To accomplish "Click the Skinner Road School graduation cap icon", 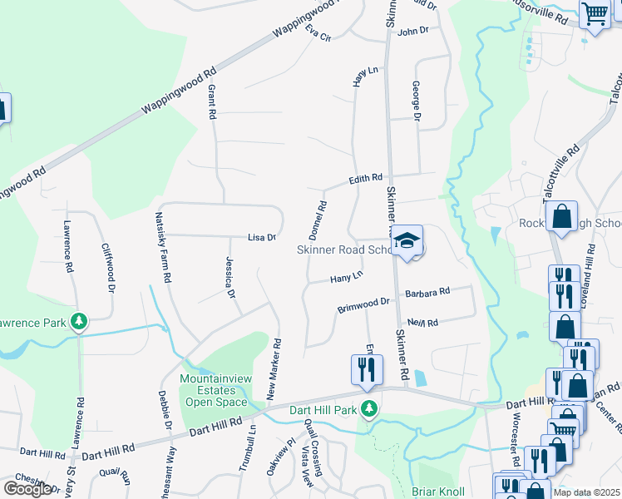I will pos(407,241).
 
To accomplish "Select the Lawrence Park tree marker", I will pos(79,321).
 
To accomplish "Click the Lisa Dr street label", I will pos(261,238).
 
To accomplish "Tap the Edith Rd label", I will pos(365,179).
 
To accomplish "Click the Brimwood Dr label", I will pos(363,305).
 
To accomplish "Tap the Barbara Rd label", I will pos(427,292).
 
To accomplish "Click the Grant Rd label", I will pos(212,100).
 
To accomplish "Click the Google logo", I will pos(27,488).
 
